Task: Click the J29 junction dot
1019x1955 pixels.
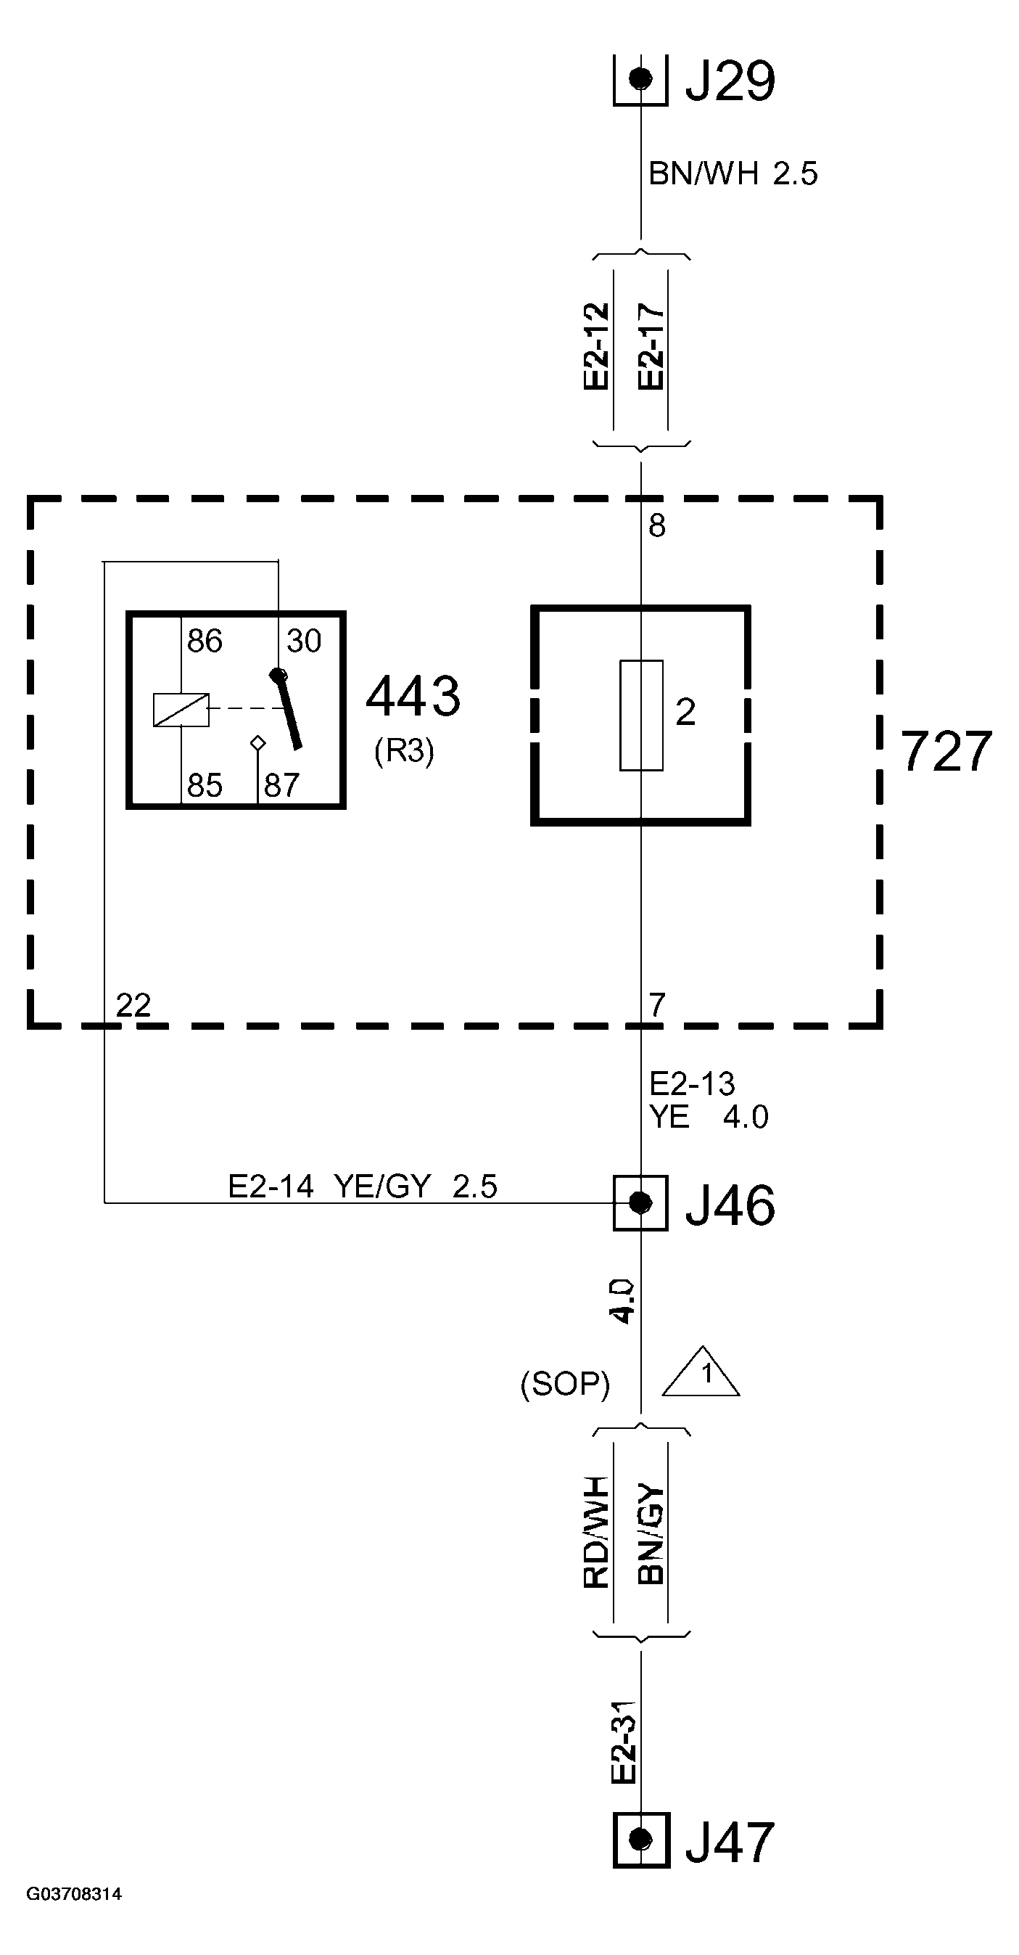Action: (640, 78)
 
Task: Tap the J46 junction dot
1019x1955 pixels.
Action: (640, 1202)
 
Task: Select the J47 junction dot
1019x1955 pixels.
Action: (640, 1839)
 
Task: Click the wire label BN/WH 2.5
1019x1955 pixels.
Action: (733, 173)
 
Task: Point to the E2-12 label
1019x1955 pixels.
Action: (597, 346)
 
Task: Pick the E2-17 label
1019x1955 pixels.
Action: (651, 346)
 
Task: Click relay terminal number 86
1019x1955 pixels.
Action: (205, 642)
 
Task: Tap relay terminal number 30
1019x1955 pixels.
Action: (303, 642)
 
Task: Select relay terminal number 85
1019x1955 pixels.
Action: (205, 785)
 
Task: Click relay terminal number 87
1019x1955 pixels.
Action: (281, 785)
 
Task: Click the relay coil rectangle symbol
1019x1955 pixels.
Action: (181, 710)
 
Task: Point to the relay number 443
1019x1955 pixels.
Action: (413, 696)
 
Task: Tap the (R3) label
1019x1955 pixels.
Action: (404, 750)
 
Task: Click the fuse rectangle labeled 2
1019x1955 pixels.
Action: (641, 715)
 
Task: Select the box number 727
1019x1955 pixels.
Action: (946, 751)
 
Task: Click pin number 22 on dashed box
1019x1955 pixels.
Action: (133, 1006)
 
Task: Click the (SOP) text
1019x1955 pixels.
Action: (564, 1385)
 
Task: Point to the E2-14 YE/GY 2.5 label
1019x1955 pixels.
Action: (363, 1186)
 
